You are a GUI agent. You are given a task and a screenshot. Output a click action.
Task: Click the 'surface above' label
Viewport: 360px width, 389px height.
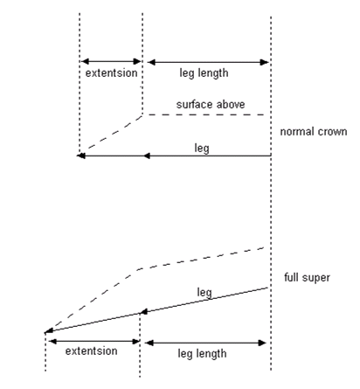pyautogui.click(x=211, y=104)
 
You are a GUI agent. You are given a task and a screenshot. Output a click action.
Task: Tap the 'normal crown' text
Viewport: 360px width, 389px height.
pyautogui.click(x=314, y=131)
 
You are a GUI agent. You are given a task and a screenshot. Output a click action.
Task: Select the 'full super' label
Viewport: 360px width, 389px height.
pyautogui.click(x=307, y=277)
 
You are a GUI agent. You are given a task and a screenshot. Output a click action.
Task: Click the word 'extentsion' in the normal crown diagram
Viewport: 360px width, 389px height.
pyautogui.click(x=111, y=73)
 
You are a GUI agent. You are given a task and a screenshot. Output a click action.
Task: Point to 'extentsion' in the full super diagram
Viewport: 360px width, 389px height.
pyautogui.click(x=91, y=351)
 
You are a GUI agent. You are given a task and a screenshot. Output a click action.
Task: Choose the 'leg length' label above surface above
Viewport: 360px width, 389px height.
pyautogui.click(x=204, y=73)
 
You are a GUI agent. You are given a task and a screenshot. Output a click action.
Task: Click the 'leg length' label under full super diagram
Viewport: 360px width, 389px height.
pyautogui.click(x=202, y=354)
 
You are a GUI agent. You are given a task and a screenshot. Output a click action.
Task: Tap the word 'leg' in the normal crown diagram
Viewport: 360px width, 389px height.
pyautogui.click(x=202, y=148)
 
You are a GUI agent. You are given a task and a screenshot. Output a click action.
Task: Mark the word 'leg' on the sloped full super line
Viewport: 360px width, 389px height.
pyautogui.click(x=204, y=292)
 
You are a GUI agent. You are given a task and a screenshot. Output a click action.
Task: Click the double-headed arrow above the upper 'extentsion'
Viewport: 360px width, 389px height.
pyautogui.click(x=111, y=61)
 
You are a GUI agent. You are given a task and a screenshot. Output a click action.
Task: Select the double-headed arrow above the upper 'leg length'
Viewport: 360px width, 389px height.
pyautogui.click(x=208, y=62)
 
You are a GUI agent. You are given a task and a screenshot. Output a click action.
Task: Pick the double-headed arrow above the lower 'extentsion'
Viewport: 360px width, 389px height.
pyautogui.click(x=94, y=341)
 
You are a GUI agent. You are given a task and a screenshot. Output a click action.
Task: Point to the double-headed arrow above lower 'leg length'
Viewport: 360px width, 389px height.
pyautogui.click(x=205, y=343)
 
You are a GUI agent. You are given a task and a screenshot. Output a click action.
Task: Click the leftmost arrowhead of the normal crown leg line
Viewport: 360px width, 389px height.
pyautogui.click(x=80, y=156)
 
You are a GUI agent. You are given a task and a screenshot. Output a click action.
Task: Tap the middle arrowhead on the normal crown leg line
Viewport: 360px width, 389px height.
pyautogui.click(x=147, y=156)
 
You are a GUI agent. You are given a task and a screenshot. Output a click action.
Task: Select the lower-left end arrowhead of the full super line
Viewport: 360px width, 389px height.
pyautogui.click(x=49, y=330)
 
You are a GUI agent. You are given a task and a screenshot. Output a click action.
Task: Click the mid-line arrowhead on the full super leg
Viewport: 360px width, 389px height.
pyautogui.click(x=143, y=312)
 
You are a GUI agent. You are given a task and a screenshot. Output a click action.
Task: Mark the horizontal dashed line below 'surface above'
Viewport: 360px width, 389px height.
pyautogui.click(x=204, y=115)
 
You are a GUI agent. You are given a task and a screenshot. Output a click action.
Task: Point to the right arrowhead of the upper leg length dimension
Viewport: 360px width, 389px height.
pyautogui.click(x=265, y=62)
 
